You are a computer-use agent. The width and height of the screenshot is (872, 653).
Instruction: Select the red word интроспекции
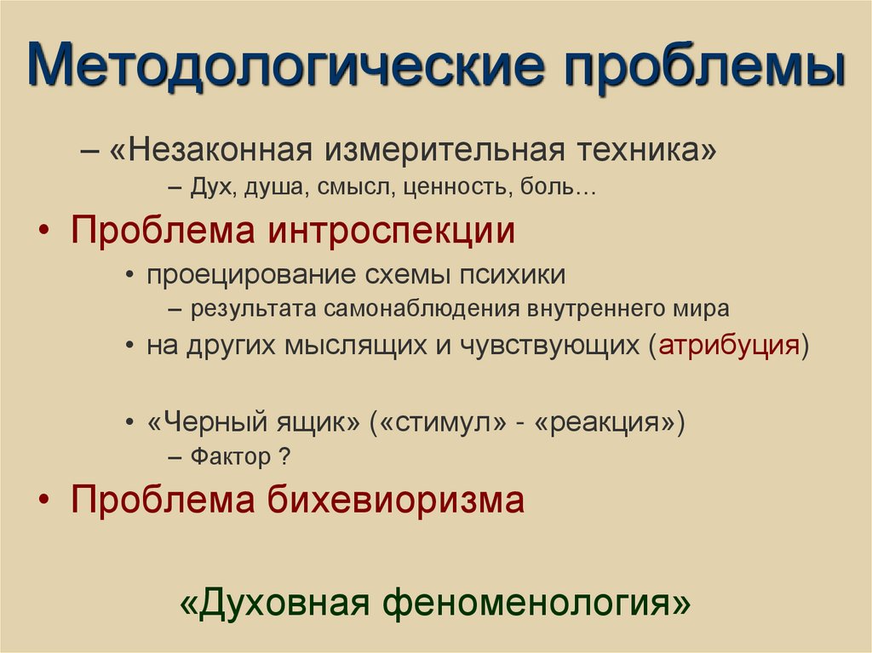point(393,231)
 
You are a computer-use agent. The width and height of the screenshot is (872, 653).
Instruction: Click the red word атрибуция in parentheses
point(729,347)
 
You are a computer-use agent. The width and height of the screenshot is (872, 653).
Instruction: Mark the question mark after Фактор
point(286,456)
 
